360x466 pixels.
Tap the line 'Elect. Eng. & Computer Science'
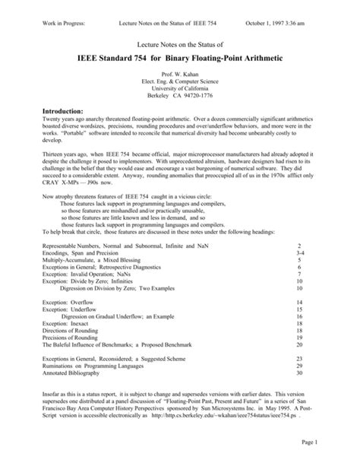(x=180, y=85)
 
